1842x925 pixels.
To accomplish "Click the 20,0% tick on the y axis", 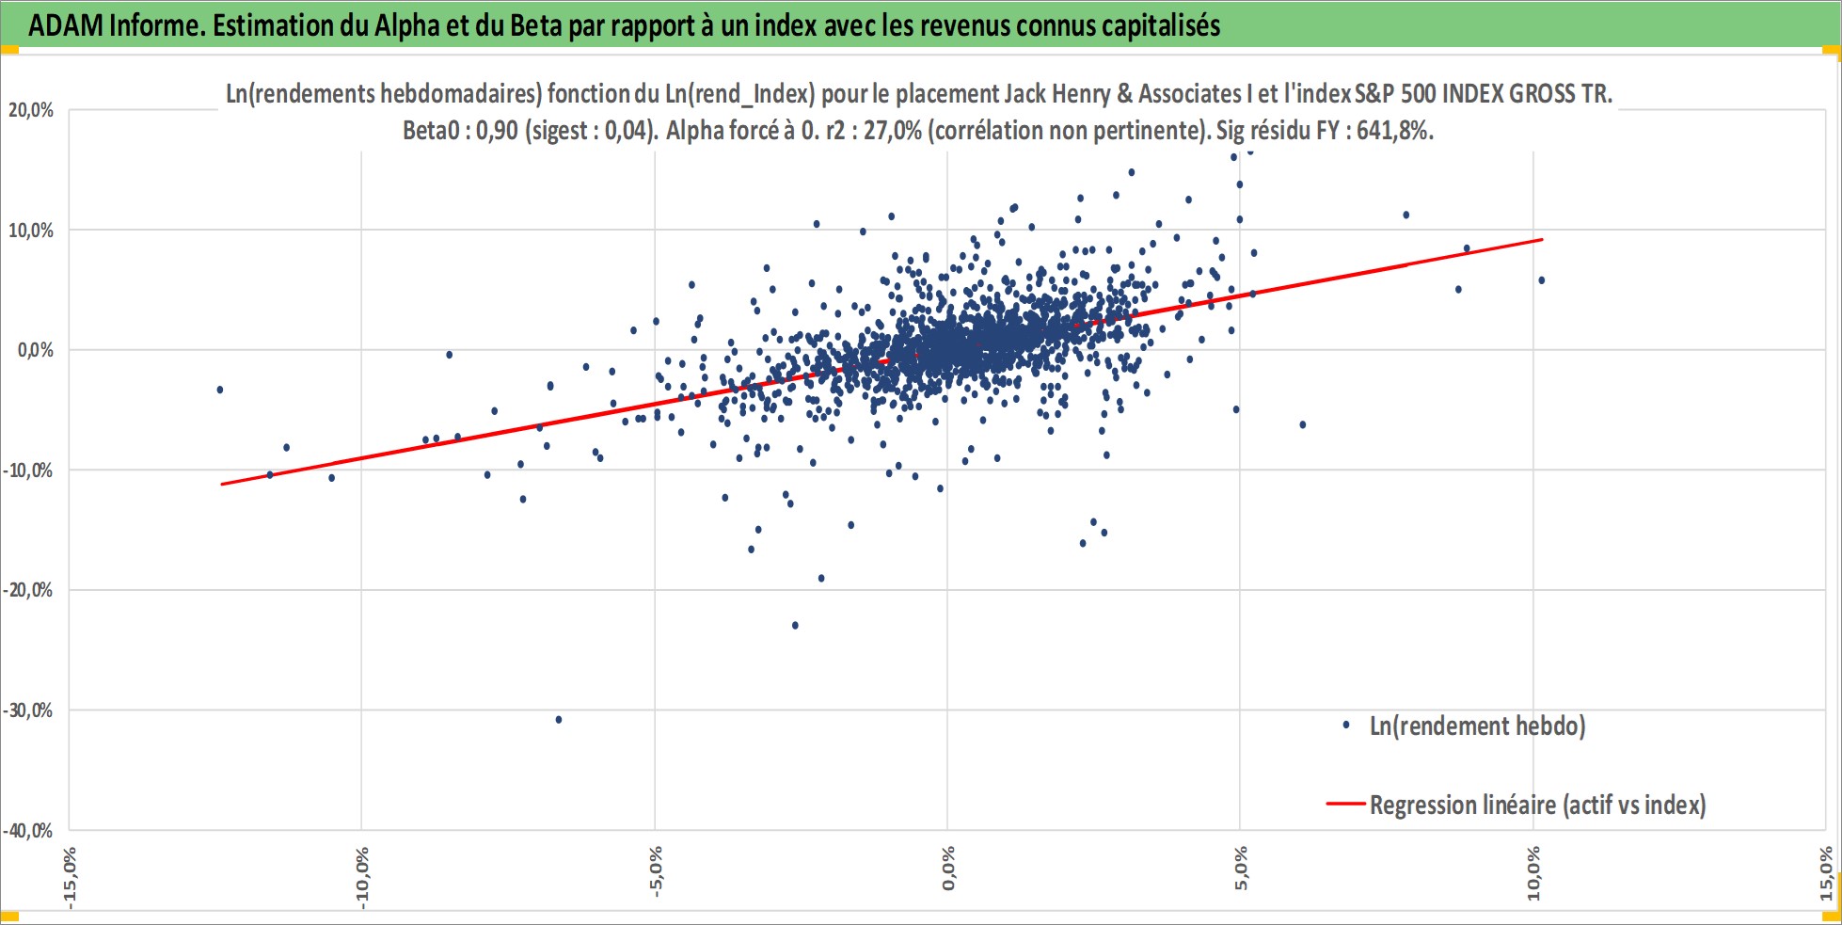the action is coord(31,110).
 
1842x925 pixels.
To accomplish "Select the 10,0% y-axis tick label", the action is coord(31,231).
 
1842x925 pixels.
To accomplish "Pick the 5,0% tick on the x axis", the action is coord(1241,869).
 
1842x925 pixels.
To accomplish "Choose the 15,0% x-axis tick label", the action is coord(1826,873).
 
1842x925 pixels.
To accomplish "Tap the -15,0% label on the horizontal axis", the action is coord(70,877).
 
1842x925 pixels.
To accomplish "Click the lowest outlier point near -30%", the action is coord(559,720).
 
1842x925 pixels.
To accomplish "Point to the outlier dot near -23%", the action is coord(795,625).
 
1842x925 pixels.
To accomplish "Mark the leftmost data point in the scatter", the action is coord(220,390).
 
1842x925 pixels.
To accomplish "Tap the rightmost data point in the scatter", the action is coord(1541,280).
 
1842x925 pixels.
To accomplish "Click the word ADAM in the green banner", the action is coord(65,25).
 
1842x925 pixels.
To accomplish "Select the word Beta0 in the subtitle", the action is coord(431,130).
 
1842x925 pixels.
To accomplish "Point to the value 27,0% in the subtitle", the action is coord(893,130).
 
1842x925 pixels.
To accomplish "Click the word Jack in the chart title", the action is coord(1024,94).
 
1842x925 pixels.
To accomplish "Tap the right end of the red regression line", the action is coord(1543,239).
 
